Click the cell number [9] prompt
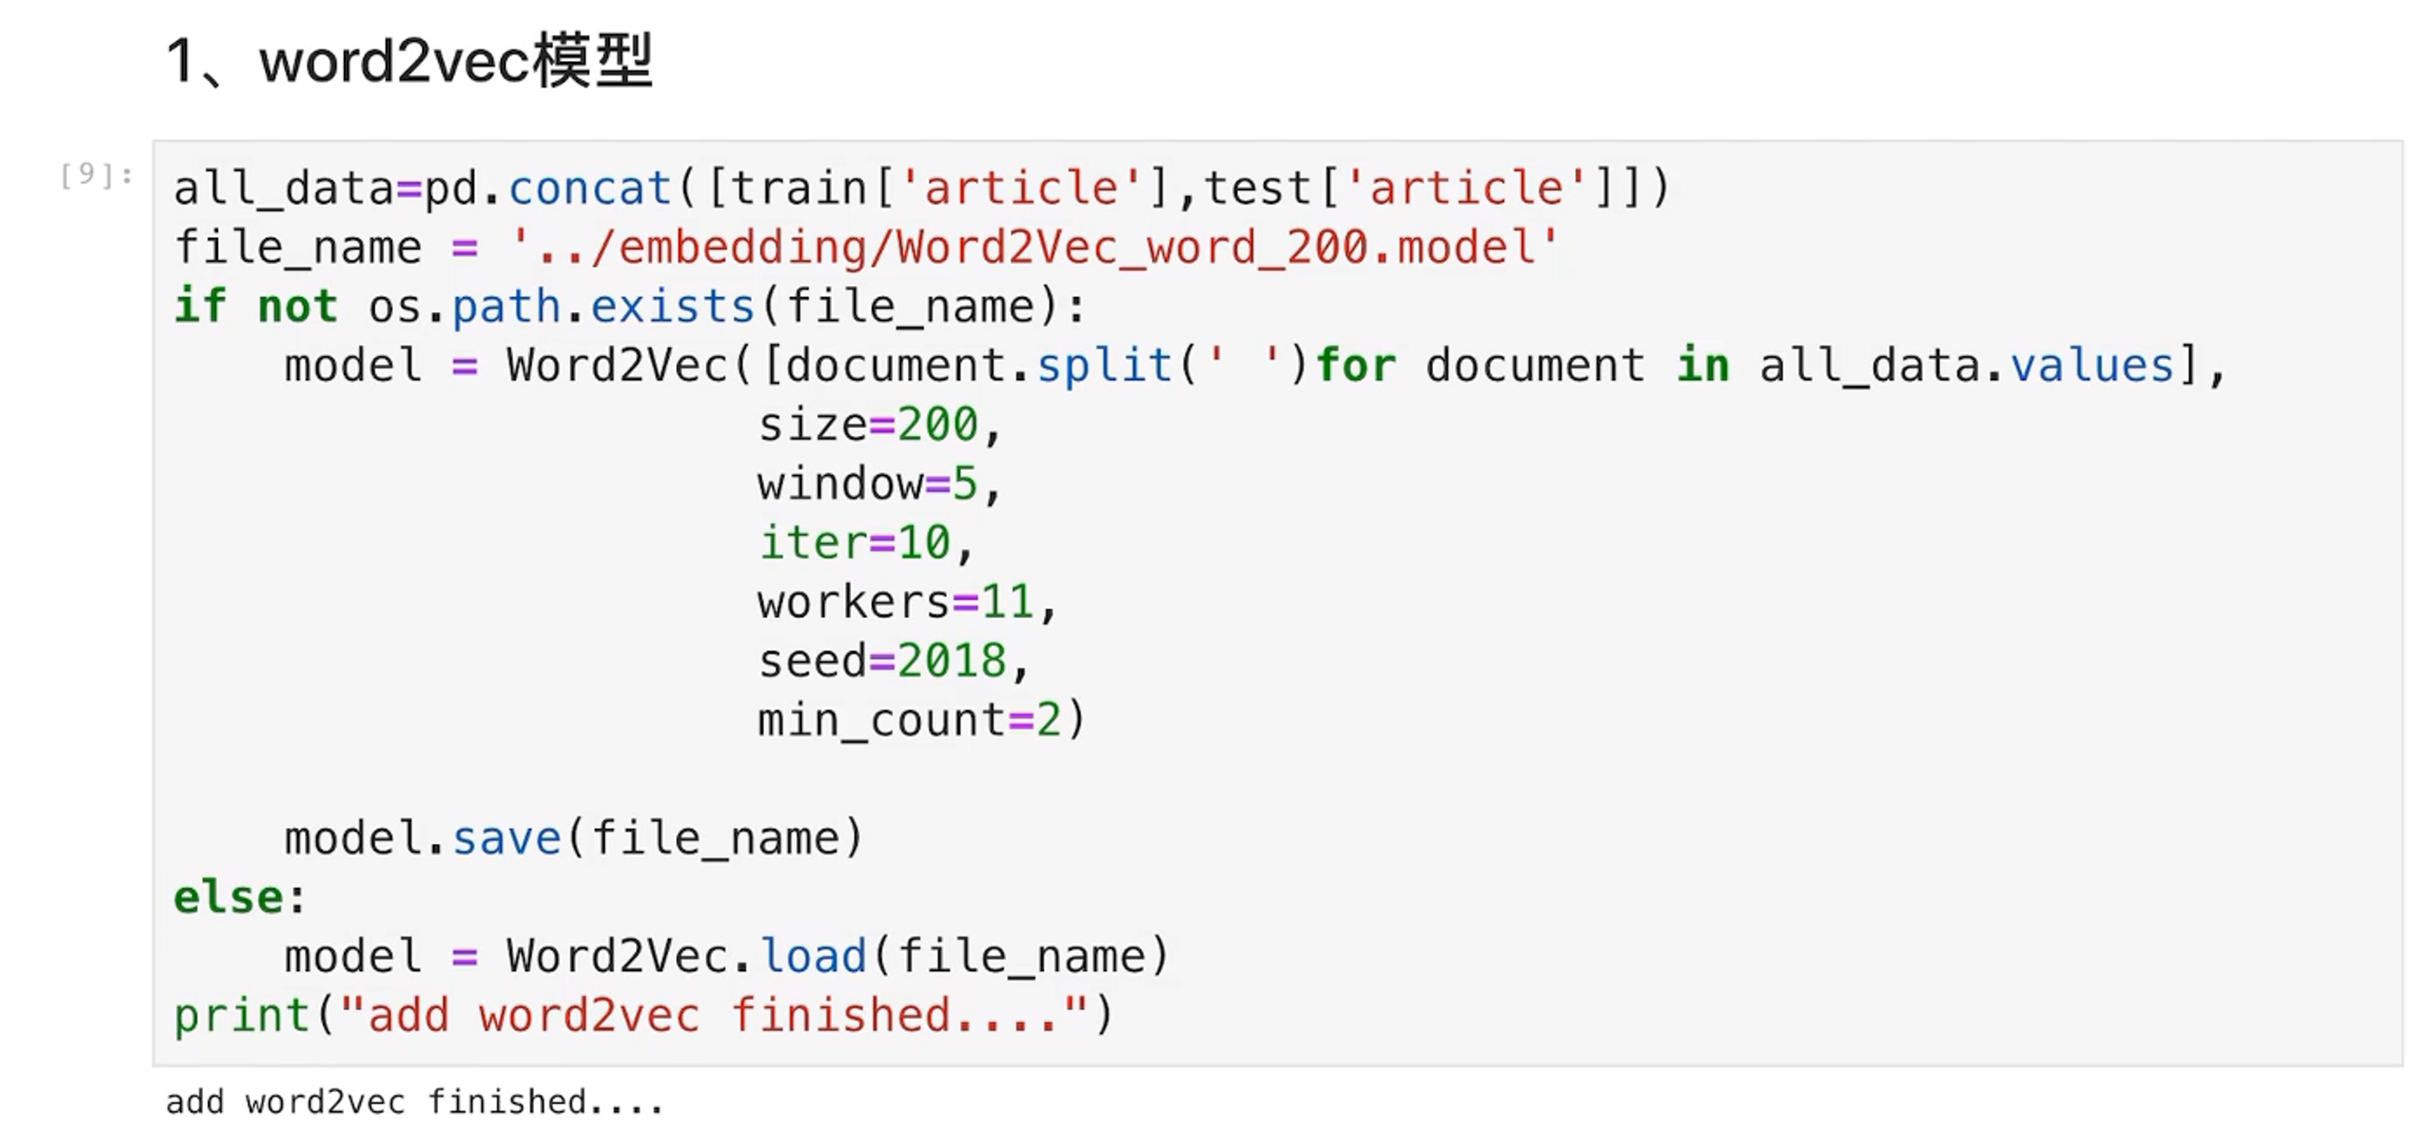[95, 175]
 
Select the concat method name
[590, 187]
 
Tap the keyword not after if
[297, 306]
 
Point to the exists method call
[673, 306]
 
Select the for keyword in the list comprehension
[1356, 366]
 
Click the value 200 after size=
[938, 425]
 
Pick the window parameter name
[840, 485]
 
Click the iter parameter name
[813, 543]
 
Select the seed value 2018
[952, 661]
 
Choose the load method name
[813, 957]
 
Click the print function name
[242, 1016]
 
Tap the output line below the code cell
[415, 1102]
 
